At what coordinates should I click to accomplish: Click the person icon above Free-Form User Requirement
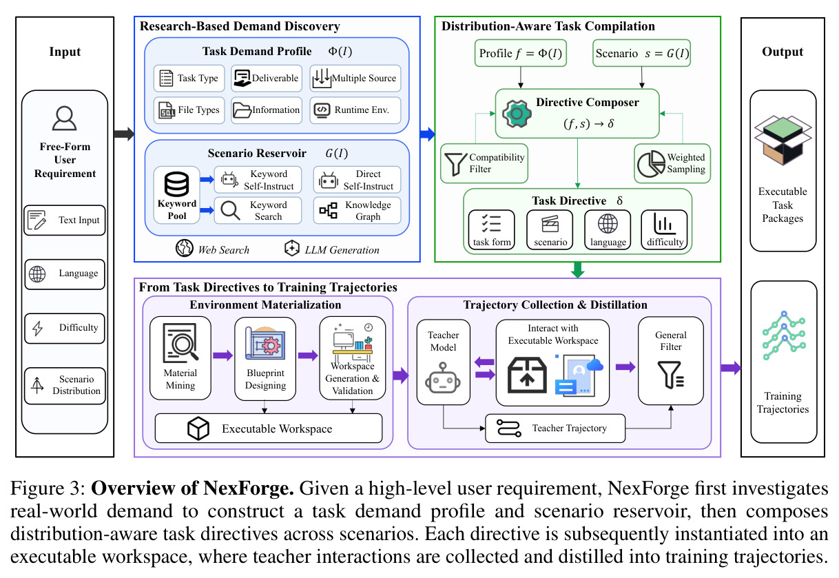[x=65, y=118]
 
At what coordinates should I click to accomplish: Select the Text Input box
[x=65, y=220]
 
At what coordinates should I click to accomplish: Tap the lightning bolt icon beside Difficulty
[x=37, y=328]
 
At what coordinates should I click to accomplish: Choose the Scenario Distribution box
[x=65, y=386]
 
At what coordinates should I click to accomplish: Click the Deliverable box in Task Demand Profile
[x=267, y=79]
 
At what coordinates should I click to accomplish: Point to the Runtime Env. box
[x=355, y=110]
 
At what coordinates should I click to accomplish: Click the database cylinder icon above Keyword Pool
[x=176, y=184]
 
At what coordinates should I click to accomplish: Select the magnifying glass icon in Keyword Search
[x=230, y=210]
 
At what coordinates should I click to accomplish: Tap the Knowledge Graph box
[x=357, y=211]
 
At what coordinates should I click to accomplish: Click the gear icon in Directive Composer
[x=517, y=114]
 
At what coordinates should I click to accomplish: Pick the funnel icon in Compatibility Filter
[x=455, y=164]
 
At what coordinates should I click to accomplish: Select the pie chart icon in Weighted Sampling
[x=651, y=164]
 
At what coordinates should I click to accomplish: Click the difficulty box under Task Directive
[x=665, y=229]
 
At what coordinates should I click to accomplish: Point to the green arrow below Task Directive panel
[x=578, y=269]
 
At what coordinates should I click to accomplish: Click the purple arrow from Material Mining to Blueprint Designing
[x=223, y=355]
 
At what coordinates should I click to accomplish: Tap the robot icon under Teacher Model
[x=443, y=378]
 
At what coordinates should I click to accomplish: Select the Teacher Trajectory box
[x=555, y=429]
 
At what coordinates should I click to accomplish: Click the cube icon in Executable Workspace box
[x=198, y=429]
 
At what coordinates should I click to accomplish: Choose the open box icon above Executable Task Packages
[x=783, y=140]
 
